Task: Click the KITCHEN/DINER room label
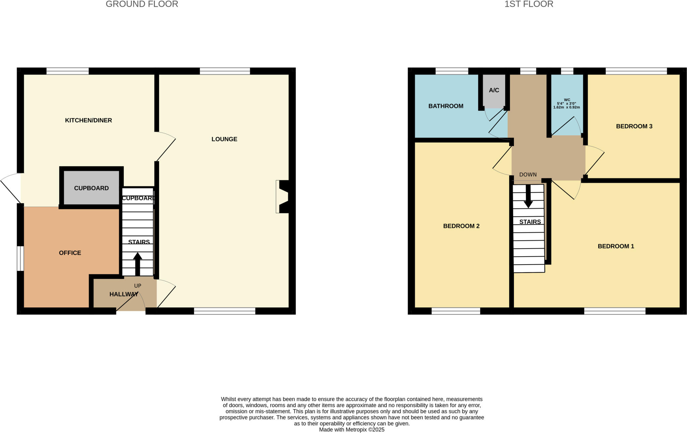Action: coord(88,120)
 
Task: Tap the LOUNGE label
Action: coord(224,139)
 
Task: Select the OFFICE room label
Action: coord(70,253)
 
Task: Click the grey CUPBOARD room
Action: coord(91,188)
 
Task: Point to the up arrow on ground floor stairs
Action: coord(138,263)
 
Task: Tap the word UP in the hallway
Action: coord(138,286)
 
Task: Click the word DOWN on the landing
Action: coord(528,174)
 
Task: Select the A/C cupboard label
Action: coord(494,90)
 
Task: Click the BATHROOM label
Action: coord(445,106)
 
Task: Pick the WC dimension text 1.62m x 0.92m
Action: coord(566,107)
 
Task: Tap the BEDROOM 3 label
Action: coord(634,126)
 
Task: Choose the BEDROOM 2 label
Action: coord(461,226)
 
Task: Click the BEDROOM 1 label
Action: coord(616,246)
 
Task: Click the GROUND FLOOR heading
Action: coord(142,4)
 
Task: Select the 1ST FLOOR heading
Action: coord(529,4)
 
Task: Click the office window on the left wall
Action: coord(20,258)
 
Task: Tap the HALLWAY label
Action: coord(123,294)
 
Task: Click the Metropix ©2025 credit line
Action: coord(352,430)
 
